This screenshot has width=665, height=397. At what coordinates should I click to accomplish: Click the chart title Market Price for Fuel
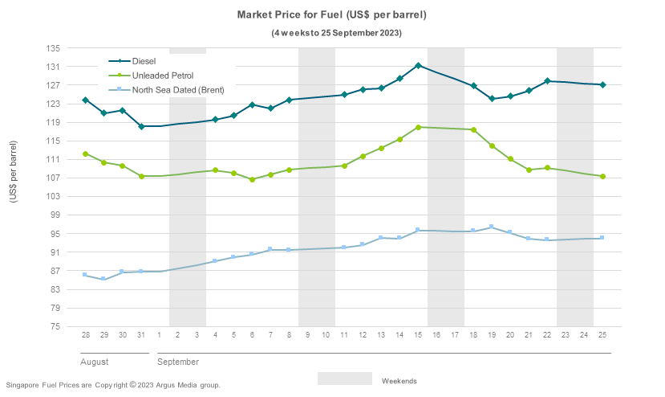(331, 15)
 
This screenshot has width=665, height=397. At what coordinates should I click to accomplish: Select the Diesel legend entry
(144, 60)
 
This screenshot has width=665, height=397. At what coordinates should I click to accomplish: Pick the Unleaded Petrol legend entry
(162, 75)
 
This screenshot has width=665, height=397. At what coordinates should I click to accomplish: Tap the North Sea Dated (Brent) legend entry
(178, 89)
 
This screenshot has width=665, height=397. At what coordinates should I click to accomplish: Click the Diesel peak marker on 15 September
(418, 65)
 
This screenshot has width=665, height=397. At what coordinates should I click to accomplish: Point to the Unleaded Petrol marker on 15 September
(418, 127)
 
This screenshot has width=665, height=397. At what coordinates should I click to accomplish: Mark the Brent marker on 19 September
(492, 227)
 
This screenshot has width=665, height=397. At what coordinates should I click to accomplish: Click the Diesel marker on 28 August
(85, 100)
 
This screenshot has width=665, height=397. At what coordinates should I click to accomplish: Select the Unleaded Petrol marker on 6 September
(252, 179)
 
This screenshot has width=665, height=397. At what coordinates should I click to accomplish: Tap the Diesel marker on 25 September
(602, 85)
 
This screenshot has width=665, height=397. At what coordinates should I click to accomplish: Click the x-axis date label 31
(140, 334)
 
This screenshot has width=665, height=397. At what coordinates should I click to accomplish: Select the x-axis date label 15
(418, 334)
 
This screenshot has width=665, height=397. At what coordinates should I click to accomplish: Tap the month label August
(95, 362)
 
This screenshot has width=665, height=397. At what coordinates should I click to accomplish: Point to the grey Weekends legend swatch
(344, 379)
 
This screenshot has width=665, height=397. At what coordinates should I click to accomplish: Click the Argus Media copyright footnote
(112, 386)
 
